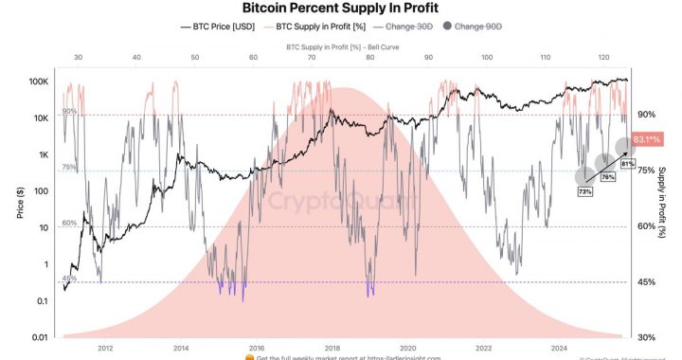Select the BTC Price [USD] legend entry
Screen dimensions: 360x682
tap(224, 27)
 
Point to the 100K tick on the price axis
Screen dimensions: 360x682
tap(38, 81)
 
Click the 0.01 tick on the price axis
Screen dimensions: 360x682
tap(40, 337)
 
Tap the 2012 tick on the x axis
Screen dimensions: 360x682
tap(106, 347)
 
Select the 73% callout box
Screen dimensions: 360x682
tap(584, 192)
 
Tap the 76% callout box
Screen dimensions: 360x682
tap(607, 177)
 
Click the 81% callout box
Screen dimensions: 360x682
tap(626, 163)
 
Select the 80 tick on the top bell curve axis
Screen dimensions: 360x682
tap(369, 58)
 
